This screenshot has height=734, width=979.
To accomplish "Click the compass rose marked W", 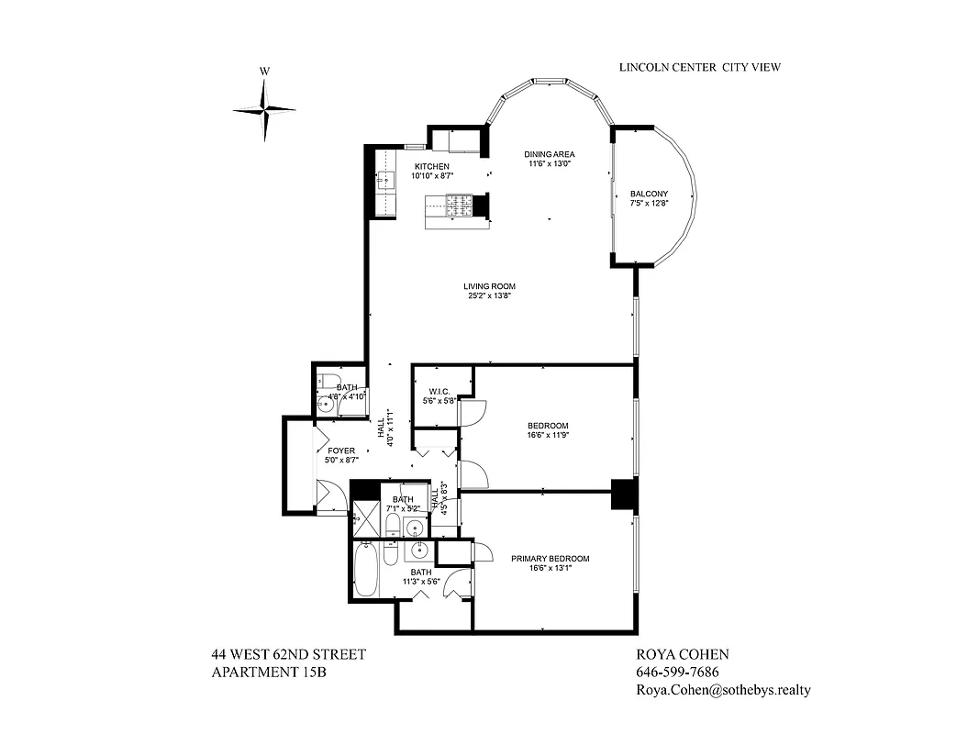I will (x=264, y=109).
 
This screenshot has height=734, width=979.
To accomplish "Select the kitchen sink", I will (x=387, y=180).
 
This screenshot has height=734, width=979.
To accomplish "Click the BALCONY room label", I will (x=649, y=195).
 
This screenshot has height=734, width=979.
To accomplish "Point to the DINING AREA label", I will (x=549, y=154).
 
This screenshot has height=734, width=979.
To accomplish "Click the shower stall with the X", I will (x=365, y=519).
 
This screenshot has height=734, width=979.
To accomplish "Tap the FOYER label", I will (x=340, y=450).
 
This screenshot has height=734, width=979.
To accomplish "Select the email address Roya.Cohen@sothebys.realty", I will (x=723, y=691).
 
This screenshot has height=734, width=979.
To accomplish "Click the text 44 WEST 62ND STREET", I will (x=288, y=654).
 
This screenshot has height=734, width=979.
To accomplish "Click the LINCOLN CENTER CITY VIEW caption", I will (x=699, y=67).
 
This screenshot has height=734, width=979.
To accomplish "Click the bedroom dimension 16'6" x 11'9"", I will (x=548, y=437).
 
